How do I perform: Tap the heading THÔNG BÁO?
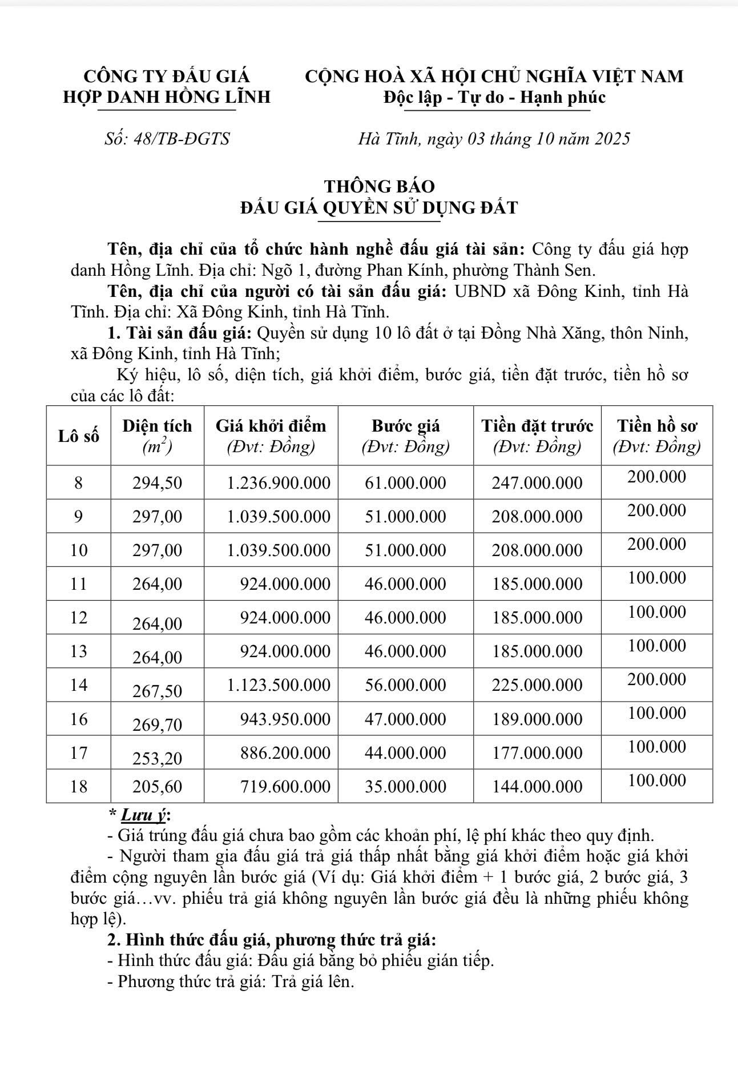click(x=380, y=187)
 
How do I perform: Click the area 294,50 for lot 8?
click(x=157, y=483)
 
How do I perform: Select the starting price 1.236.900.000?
click(x=279, y=483)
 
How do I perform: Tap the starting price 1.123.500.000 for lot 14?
click(x=279, y=685)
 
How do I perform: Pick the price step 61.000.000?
click(x=405, y=483)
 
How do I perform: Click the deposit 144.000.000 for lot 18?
click(x=537, y=787)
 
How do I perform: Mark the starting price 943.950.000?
click(x=285, y=719)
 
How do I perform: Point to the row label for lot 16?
click(x=79, y=719)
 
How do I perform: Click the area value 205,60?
click(x=157, y=787)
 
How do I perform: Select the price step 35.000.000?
click(x=405, y=787)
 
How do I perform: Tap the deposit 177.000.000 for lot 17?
click(x=537, y=753)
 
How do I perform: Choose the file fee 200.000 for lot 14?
click(x=656, y=679)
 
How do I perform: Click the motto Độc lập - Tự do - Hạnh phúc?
click(x=494, y=98)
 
